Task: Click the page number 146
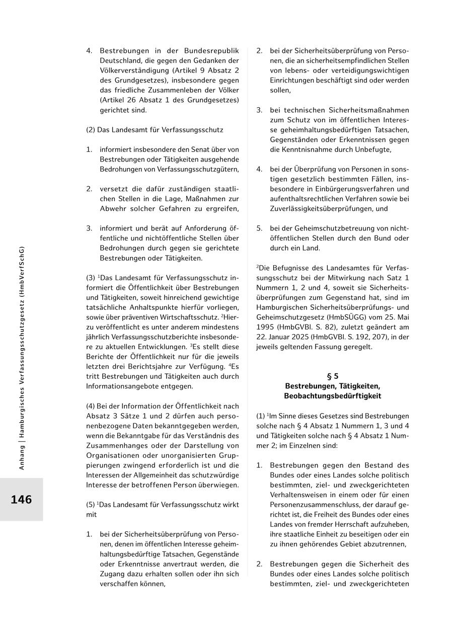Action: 21,500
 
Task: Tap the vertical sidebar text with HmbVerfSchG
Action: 22,357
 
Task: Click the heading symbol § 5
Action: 332,376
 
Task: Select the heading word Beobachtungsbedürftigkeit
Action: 332,396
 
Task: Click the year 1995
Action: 267,327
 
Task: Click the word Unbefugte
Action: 373,149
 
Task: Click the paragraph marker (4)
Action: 92,406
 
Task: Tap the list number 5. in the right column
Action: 259,228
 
